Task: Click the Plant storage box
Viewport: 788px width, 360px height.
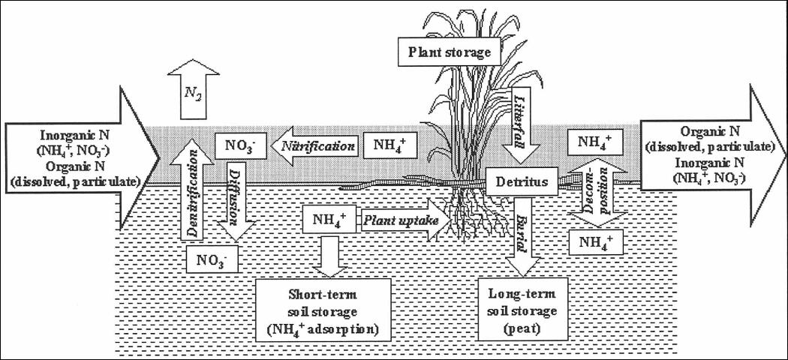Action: tap(450, 52)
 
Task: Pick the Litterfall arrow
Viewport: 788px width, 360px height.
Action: tap(517, 124)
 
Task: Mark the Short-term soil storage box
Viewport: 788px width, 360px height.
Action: tap(324, 307)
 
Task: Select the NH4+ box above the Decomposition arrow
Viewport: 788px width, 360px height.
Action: tap(595, 141)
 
